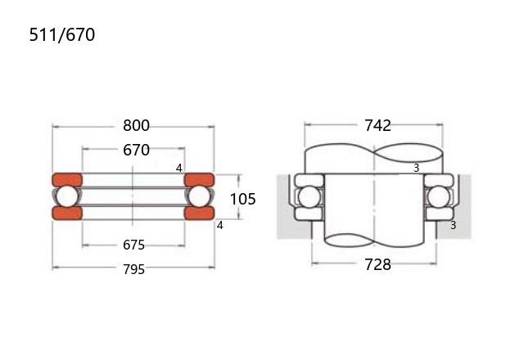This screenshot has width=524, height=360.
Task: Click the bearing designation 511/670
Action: (62, 34)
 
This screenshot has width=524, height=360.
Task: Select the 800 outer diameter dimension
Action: (136, 125)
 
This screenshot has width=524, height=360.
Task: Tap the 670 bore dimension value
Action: (136, 150)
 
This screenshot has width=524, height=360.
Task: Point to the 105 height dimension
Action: (243, 199)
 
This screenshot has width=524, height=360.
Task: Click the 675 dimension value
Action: (133, 245)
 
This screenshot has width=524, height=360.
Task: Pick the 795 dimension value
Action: (133, 269)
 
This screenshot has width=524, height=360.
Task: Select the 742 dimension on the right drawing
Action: (377, 125)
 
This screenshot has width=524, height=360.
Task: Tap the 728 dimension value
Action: (377, 264)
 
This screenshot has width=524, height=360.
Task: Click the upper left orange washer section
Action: (67, 180)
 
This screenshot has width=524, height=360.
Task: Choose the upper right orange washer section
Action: (199, 180)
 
